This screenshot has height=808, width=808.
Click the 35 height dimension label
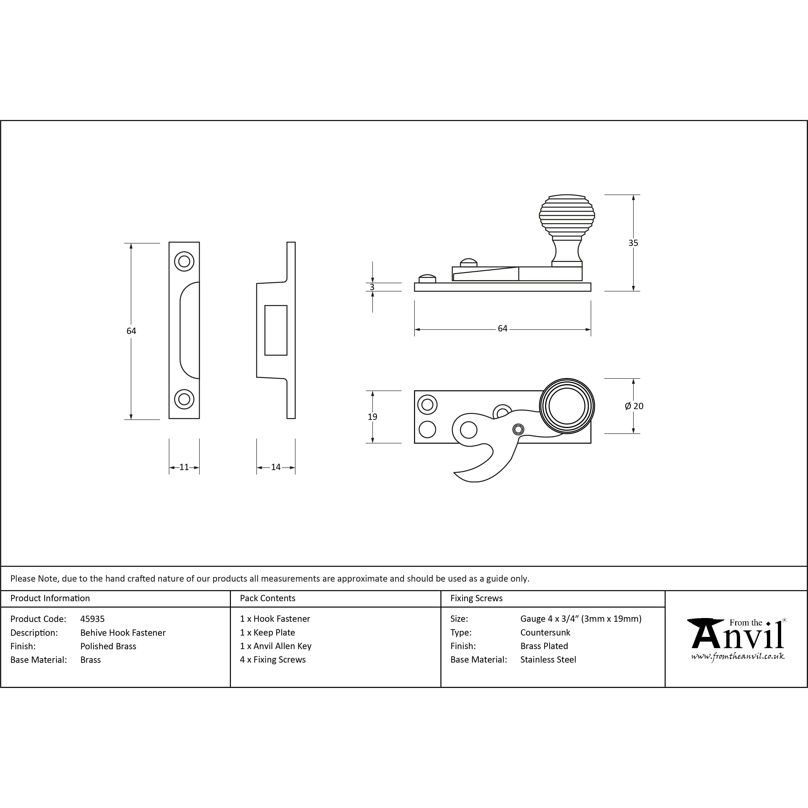coord(633,243)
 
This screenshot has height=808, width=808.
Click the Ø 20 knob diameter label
coord(634,406)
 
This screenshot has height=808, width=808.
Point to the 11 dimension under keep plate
coord(184,467)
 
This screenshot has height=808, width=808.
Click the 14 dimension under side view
coord(276,467)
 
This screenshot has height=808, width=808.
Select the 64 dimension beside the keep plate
coord(131,331)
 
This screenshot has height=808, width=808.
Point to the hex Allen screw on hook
coord(518,429)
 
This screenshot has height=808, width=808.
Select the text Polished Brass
coord(108,646)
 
